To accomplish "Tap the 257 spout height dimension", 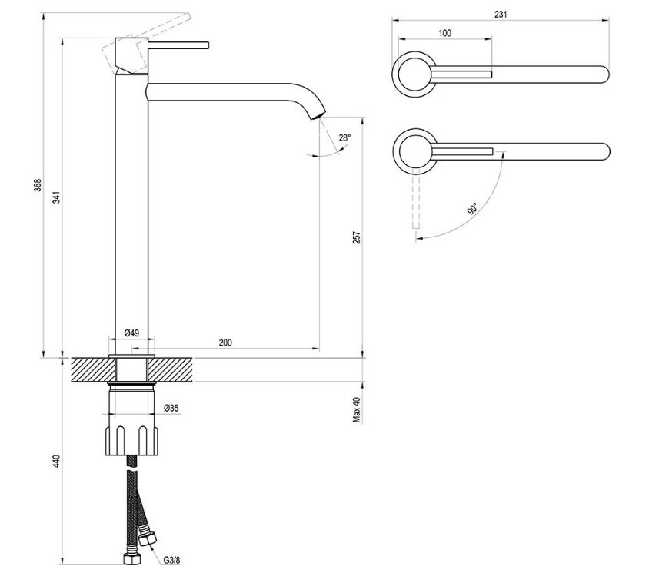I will pos(356,237).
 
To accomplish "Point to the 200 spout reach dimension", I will pos(225,343).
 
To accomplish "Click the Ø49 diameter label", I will pos(131,333).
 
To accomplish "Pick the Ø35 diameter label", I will pos(171,408).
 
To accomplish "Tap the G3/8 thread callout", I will pos(171,560).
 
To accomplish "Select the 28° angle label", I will pos(344,137).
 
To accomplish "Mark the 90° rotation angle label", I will pos(471,208).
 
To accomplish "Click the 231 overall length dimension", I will pos(501,15).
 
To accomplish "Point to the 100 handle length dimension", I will pos(444,33).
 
